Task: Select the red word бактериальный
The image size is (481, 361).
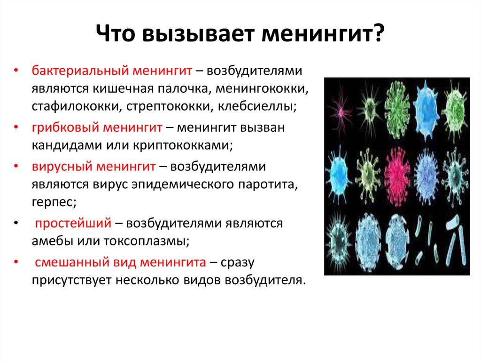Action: click(80, 71)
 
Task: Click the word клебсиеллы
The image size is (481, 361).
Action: click(257, 106)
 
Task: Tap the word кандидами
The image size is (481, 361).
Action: click(67, 145)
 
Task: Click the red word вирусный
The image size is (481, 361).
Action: click(62, 167)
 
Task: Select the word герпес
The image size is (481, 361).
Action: click(54, 202)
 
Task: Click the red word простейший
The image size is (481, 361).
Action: click(73, 223)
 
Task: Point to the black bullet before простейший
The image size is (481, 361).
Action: click(16, 223)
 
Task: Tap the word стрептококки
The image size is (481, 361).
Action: click(169, 106)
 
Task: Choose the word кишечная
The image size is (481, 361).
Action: click(124, 88)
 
